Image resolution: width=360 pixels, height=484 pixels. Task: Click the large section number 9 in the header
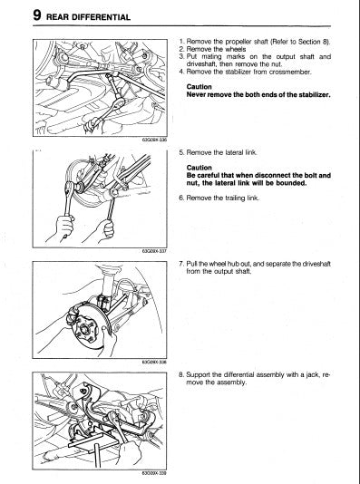37,15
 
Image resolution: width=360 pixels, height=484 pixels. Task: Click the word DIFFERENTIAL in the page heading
101,17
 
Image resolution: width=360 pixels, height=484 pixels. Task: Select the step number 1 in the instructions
182,42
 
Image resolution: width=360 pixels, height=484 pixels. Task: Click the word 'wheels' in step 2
235,49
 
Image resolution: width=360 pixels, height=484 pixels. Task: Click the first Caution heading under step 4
199,87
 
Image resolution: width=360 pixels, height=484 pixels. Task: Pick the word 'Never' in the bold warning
196,94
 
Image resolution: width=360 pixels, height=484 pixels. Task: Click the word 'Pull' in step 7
191,264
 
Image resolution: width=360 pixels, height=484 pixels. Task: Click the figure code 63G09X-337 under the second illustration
154,251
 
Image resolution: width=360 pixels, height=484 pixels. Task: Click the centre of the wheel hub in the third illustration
84,329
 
